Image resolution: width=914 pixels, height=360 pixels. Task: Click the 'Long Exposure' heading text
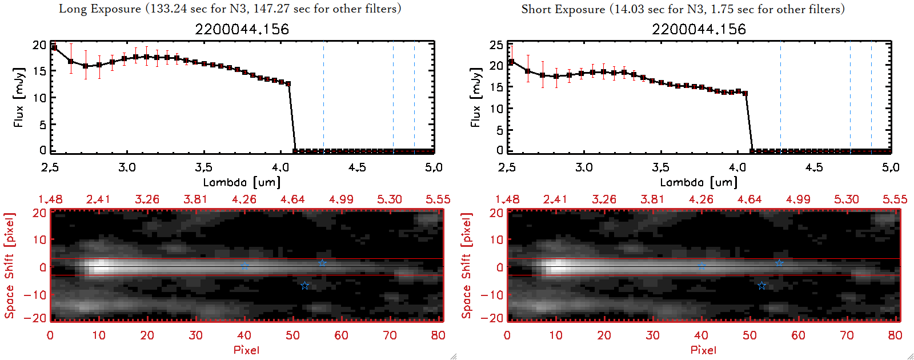click(100, 9)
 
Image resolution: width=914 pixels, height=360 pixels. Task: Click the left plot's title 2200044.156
click(242, 29)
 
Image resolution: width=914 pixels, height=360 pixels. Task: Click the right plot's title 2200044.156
click(699, 29)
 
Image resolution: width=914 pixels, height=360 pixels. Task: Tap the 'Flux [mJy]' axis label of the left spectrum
click(19, 97)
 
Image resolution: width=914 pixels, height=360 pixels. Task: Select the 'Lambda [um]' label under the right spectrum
click(699, 182)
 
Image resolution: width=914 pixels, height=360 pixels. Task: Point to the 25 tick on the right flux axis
click(496, 45)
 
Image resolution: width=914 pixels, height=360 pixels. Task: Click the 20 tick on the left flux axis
click(39, 45)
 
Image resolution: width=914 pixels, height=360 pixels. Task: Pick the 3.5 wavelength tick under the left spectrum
click(203, 167)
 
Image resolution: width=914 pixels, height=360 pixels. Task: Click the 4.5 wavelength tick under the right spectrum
click(814, 167)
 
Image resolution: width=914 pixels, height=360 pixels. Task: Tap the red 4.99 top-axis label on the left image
click(341, 199)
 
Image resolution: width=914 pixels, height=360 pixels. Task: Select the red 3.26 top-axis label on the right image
click(604, 199)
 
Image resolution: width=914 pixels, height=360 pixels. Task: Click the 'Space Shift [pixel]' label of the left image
click(9, 266)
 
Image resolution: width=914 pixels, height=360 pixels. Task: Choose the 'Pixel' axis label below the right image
click(703, 350)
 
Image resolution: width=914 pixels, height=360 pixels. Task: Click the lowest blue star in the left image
click(304, 285)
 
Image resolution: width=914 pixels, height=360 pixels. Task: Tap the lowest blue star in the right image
click(761, 285)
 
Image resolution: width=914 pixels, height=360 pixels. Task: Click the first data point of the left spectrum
click(54, 48)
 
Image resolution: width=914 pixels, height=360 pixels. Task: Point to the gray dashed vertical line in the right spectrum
click(871, 97)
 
